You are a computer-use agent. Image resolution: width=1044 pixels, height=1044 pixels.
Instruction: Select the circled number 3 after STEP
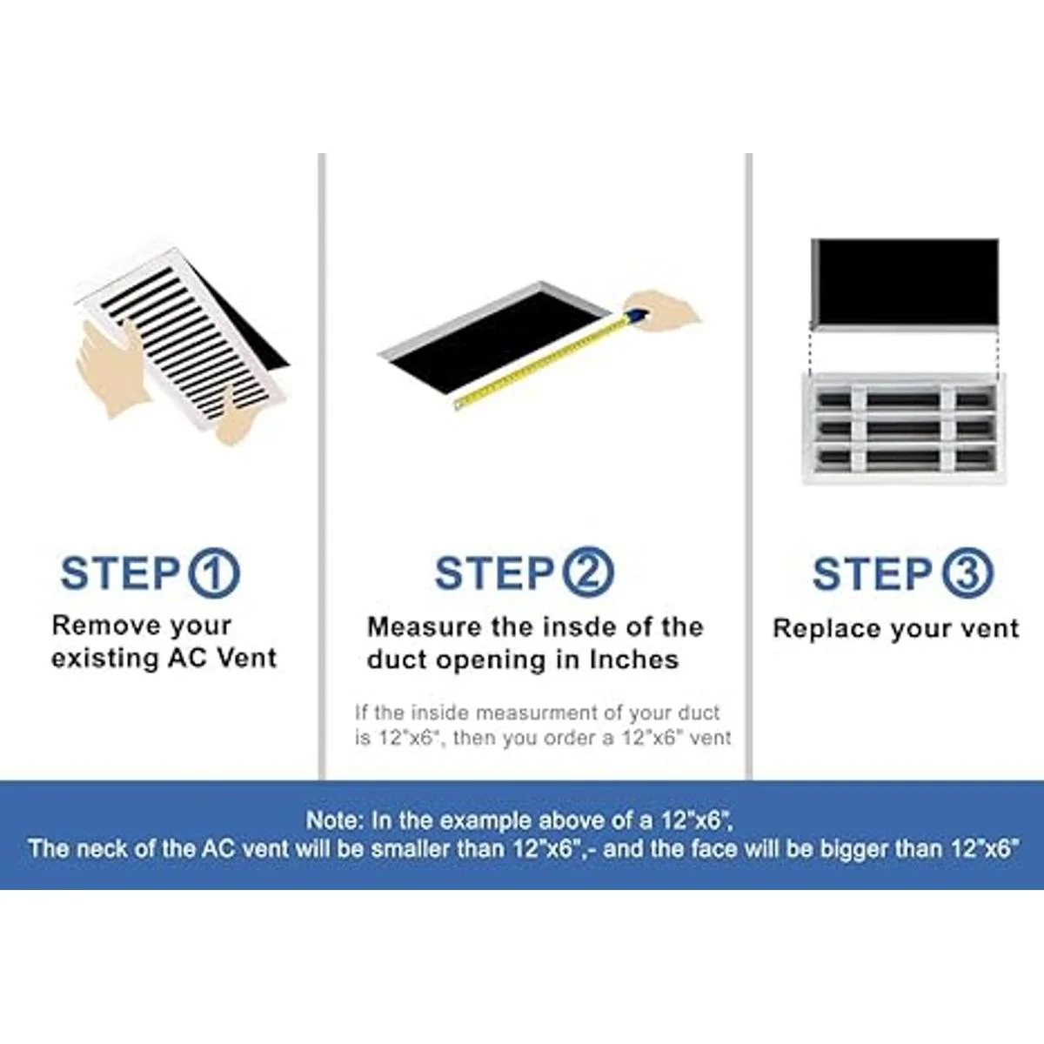click(968, 573)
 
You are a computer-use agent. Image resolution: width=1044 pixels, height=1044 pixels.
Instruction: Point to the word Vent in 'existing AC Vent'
click(246, 659)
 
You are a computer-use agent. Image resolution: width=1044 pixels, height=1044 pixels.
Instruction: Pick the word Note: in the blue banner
click(335, 820)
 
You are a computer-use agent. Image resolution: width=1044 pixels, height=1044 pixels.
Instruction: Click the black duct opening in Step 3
click(905, 282)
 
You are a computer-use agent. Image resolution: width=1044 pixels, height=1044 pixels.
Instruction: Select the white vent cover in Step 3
click(902, 428)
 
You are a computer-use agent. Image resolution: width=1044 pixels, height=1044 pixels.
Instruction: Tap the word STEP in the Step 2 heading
click(493, 573)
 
